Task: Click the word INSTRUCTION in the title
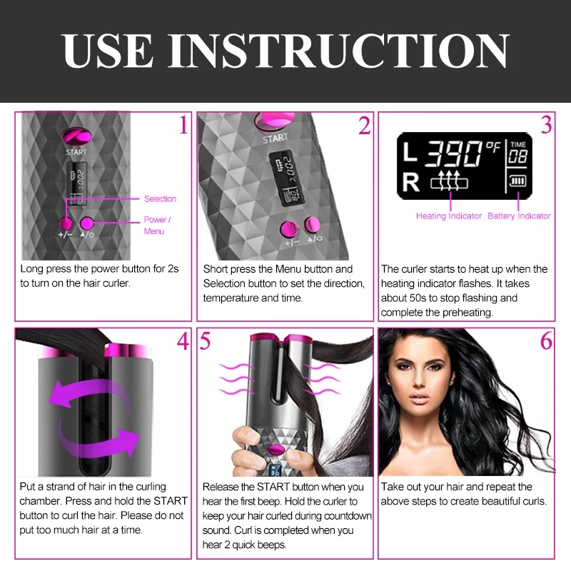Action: click(346, 51)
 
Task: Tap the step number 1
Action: click(183, 126)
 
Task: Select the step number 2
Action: click(364, 126)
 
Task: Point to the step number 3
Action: click(546, 125)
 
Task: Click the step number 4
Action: click(183, 342)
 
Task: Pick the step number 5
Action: click(206, 342)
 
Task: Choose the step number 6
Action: click(546, 342)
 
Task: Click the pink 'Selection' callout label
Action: click(160, 199)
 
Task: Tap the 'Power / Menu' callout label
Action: click(157, 226)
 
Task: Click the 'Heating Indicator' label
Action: click(449, 216)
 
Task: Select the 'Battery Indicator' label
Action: click(519, 216)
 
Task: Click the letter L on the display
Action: click(409, 153)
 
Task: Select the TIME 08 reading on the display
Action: click(517, 152)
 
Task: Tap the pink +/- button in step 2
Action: click(289, 229)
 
